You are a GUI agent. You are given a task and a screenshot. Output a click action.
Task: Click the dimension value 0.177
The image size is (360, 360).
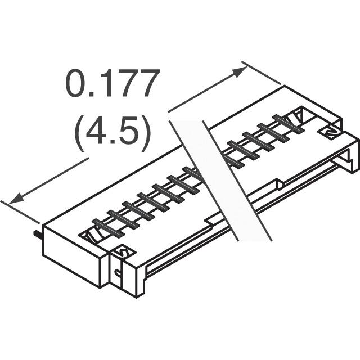pyautogui.click(x=112, y=83)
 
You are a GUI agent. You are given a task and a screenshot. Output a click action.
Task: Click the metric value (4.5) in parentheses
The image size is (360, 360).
pyautogui.click(x=112, y=133)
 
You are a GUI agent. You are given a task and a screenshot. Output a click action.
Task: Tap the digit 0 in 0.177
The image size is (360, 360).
pyautogui.click(x=75, y=83)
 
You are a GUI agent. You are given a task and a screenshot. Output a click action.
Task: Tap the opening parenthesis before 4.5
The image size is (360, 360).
pyautogui.click(x=79, y=133)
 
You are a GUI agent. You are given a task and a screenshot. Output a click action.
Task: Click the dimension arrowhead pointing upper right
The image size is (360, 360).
pyautogui.click(x=240, y=71)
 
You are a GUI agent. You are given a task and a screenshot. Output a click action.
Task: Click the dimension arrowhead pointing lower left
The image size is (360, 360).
pyautogui.click(x=17, y=199)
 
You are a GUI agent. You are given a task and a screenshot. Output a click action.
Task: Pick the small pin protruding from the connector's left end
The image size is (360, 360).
pyautogui.click(x=38, y=235)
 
